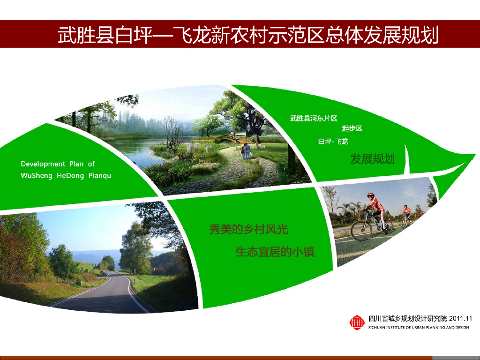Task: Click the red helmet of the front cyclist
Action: point(370,195)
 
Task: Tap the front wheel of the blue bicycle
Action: point(361,230)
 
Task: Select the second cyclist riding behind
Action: point(405,215)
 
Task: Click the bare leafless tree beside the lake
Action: point(172,134)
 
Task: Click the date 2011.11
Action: point(460,319)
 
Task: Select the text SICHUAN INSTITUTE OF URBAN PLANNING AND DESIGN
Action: point(419,327)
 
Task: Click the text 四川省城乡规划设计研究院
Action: point(408,319)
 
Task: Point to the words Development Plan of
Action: point(58,164)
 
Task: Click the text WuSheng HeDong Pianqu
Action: point(66,176)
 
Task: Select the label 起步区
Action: point(352,128)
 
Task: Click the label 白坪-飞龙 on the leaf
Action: point(333,141)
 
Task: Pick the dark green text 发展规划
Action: point(372,159)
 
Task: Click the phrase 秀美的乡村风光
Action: point(248,230)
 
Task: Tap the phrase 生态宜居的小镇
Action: point(275,252)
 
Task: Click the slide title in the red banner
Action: point(248,35)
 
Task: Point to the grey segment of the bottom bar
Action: point(455,358)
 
